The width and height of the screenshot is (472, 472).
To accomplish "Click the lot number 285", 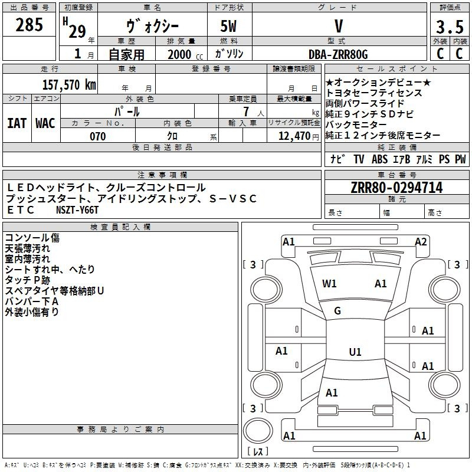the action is coord(29,25).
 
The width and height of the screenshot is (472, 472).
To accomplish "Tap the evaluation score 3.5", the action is coord(449,27).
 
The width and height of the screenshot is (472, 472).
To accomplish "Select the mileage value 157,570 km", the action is coord(69,84).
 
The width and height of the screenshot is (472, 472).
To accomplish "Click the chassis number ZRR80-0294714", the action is coord(396,188).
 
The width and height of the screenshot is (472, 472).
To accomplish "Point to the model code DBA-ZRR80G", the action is coord(338,54).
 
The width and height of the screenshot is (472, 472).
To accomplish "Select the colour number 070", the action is coord(97,136).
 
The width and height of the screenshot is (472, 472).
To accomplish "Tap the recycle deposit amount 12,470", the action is coord(294,136).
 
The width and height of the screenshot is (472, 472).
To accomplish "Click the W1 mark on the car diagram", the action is coord(329,284).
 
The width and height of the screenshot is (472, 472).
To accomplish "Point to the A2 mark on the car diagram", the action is coord(421,241).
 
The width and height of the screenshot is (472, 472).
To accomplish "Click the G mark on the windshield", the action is coord(337,310).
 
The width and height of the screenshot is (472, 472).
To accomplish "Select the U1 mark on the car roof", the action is coord(355,352).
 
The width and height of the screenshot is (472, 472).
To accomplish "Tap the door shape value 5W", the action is coord(230,27).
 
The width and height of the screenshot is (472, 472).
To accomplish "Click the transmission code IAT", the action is coord(17,123).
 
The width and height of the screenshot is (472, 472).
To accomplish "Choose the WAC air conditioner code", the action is coord(45,123).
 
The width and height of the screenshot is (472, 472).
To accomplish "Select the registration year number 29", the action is coord(77,31).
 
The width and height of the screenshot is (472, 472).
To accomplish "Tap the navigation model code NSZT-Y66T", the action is coord(78,209).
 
